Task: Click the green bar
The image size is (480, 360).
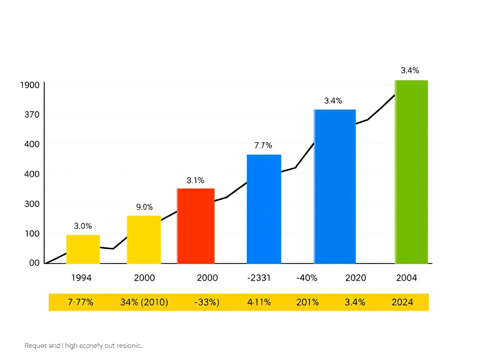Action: tap(411, 172)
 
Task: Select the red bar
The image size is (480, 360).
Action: tap(195, 225)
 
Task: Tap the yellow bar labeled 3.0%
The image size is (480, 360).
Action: tap(83, 249)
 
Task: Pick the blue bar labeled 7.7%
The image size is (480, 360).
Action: tap(264, 209)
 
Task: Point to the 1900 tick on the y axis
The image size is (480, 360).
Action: tap(30, 85)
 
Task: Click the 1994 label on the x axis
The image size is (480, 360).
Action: tap(81, 277)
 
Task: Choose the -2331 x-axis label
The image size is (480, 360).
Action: tap(259, 277)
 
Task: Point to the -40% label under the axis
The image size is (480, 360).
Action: tap(307, 277)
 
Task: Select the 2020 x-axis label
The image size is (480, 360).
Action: tap(356, 277)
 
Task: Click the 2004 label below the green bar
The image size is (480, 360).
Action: tap(406, 277)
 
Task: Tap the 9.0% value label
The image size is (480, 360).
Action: tap(144, 207)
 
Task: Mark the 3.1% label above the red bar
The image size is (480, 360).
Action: tap(195, 180)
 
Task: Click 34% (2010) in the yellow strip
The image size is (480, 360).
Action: tap(144, 302)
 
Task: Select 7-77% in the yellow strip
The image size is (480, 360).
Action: tap(81, 302)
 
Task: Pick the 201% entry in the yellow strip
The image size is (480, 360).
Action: tap(307, 302)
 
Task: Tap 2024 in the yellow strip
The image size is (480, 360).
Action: tap(402, 302)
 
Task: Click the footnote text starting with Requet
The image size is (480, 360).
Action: tap(83, 345)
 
